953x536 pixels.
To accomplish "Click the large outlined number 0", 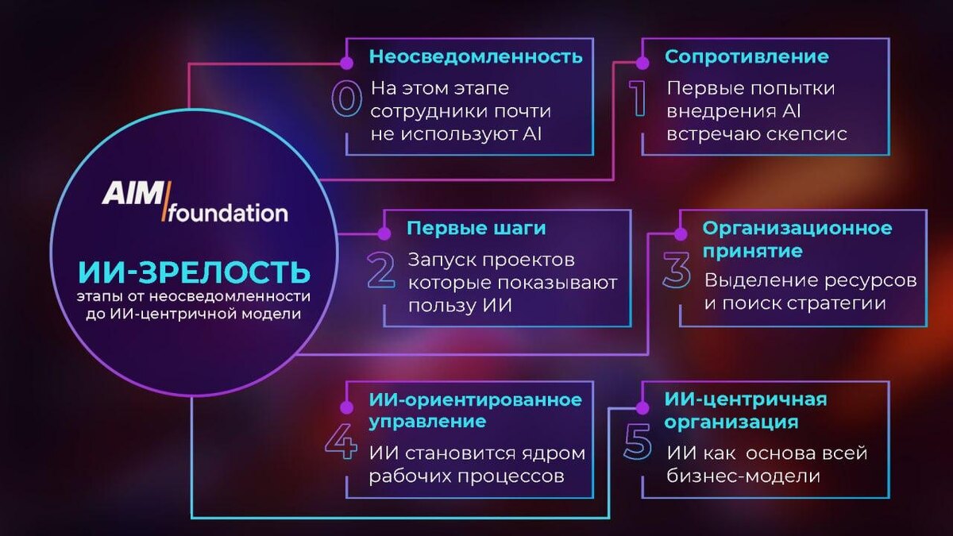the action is [x=346, y=101].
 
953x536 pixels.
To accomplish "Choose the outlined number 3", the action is [x=677, y=270].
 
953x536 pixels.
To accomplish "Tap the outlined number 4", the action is [x=342, y=442].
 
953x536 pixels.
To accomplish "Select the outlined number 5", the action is [x=638, y=442].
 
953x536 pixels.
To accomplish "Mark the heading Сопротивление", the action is [x=747, y=57].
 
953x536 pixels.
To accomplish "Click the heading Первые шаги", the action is [x=476, y=229].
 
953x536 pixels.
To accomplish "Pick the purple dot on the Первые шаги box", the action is [x=384, y=233].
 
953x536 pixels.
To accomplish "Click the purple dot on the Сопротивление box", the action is [x=642, y=61].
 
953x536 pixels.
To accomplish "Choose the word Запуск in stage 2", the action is [x=440, y=260].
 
